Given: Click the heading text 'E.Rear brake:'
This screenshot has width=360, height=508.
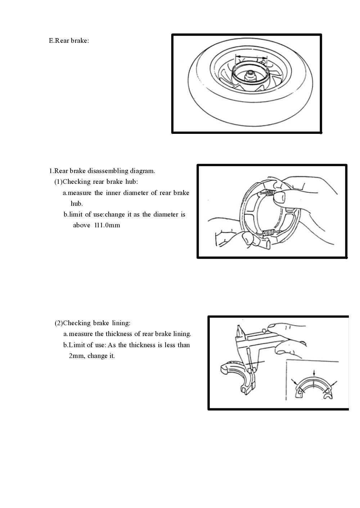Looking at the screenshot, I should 69,41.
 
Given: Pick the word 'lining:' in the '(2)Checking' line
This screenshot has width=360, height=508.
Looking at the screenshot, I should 121,323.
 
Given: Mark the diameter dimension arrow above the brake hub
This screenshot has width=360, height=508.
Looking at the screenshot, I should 251,57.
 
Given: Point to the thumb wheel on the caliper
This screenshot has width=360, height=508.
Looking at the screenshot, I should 265,330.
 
